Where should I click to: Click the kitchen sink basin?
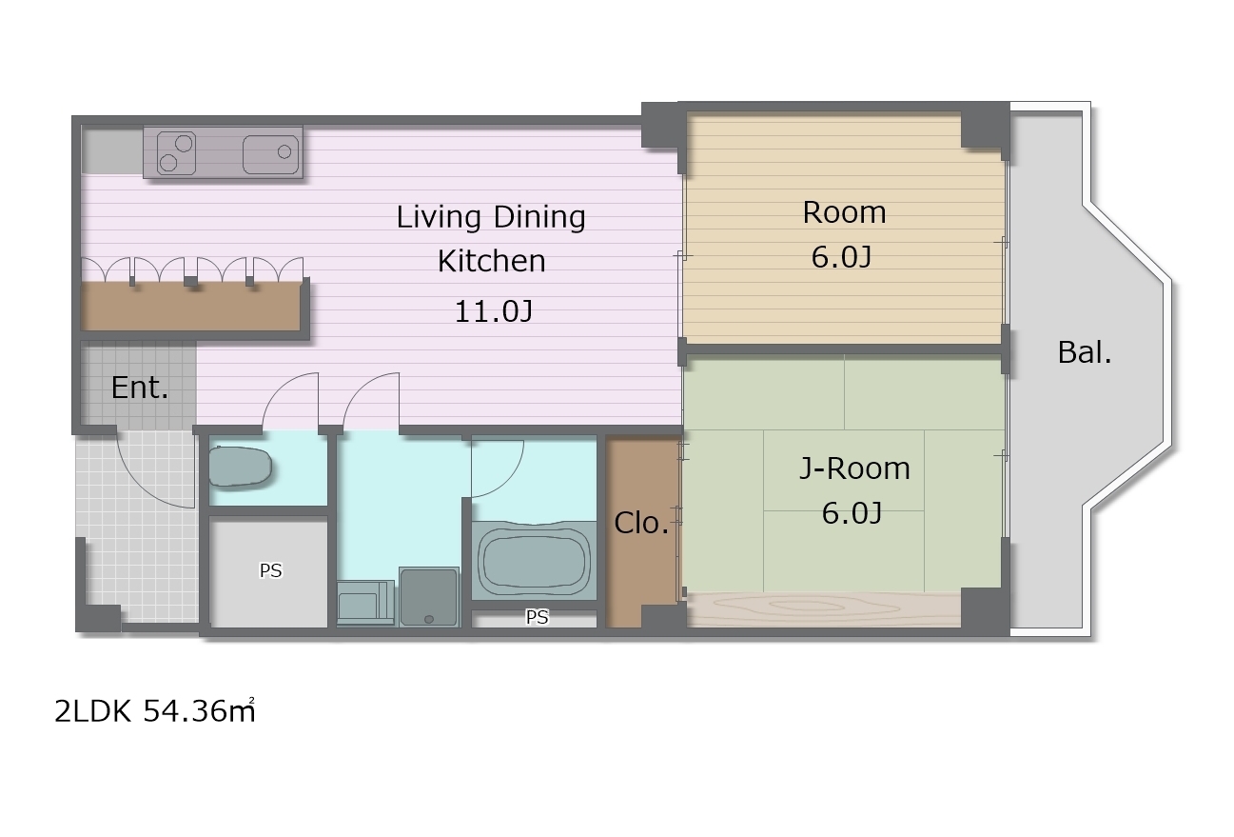pos(270,154)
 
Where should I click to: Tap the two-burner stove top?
pos(176,153)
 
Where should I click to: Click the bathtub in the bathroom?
pos(534,560)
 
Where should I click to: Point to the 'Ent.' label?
pos(139,388)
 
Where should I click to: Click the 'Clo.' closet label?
pos(641,523)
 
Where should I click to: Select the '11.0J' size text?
pos(494,311)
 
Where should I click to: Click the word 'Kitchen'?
pos(491,261)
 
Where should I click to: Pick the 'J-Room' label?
pos(854,468)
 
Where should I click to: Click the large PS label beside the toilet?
pos(270,570)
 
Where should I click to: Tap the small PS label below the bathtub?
pos(537,617)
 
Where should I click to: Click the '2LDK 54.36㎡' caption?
pos(155,710)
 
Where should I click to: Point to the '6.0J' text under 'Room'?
pos(841,257)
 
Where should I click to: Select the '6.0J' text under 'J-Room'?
pos(852,513)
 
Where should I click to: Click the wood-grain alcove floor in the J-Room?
pos(824,609)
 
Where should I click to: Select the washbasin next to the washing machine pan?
pos(364,602)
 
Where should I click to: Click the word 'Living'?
pos(439,217)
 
